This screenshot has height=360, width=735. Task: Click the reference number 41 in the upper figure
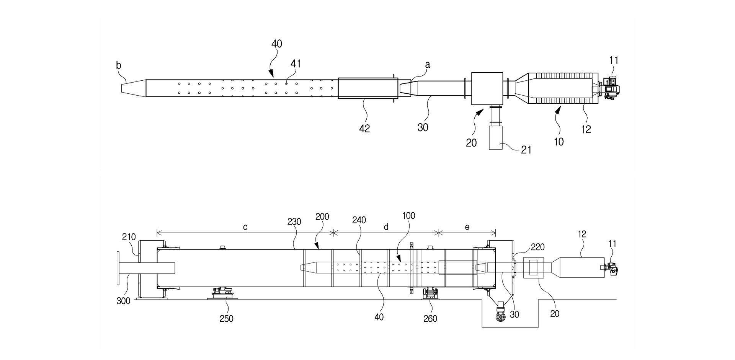pos(296,64)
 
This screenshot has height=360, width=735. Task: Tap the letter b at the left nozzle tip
pos(119,65)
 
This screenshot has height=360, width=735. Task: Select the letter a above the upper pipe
pos(428,65)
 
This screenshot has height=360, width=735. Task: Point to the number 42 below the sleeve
pos(364,129)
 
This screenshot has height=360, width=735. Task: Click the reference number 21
pos(526,150)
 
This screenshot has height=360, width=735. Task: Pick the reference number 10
pos(559,142)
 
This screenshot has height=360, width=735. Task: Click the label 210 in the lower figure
pos(129,237)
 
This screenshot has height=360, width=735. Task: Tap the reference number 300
pos(124,301)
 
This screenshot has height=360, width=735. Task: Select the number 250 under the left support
pos(227,318)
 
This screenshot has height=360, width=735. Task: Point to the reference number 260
pos(430,318)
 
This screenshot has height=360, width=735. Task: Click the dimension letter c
pos(245,227)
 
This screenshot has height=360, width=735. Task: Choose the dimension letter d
pos(386,227)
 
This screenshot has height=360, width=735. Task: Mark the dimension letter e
pos(467,227)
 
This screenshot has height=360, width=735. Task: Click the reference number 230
pos(294,222)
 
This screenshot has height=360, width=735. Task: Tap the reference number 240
pos(359,220)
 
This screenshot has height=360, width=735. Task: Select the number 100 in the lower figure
pos(408,215)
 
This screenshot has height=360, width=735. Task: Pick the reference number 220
pos(538,247)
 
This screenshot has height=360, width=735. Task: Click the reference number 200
pos(322,217)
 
